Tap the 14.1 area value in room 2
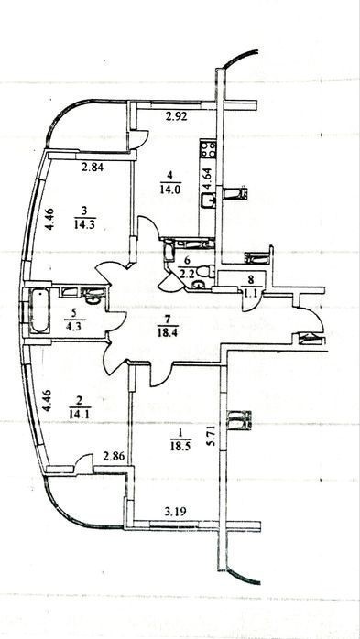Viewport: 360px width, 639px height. [x=80, y=414]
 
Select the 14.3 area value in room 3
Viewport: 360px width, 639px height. [x=85, y=224]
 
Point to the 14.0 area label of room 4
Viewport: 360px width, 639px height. [x=170, y=190]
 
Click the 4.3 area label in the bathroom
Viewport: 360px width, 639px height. [x=74, y=327]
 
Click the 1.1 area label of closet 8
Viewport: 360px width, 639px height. [x=252, y=290]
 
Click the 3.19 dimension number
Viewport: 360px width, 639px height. [x=177, y=512]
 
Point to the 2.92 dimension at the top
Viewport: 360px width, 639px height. [x=177, y=117]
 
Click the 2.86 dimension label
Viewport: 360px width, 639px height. [x=114, y=456]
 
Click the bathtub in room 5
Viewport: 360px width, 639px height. [x=40, y=311]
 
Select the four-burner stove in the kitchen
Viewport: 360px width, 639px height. [x=208, y=149]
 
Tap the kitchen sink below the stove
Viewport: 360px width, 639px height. [x=208, y=200]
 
